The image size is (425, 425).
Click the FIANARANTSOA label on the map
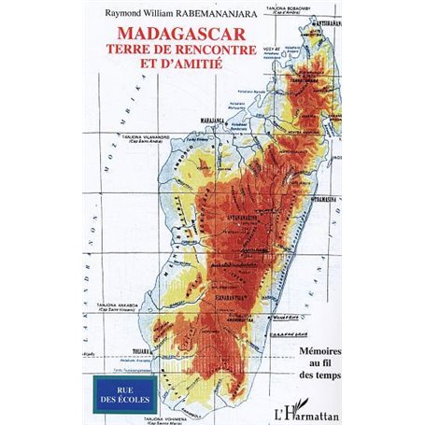click(x=230, y=295)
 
